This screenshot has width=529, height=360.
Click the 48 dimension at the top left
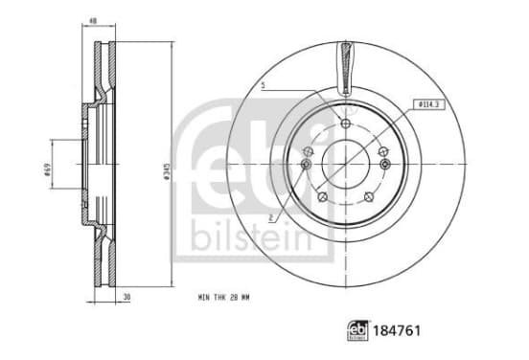[x=93, y=21]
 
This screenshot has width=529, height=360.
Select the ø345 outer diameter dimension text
[x=166, y=170]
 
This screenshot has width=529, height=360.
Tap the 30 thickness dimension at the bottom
[x=126, y=297]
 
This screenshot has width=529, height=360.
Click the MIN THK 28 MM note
[x=223, y=298]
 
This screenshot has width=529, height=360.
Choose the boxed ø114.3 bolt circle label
[x=429, y=104]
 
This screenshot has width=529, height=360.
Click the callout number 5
[x=264, y=85]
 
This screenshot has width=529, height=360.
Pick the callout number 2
[x=270, y=218]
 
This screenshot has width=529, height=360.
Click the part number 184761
[x=397, y=330]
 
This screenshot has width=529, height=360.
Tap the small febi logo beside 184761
[x=357, y=330]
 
